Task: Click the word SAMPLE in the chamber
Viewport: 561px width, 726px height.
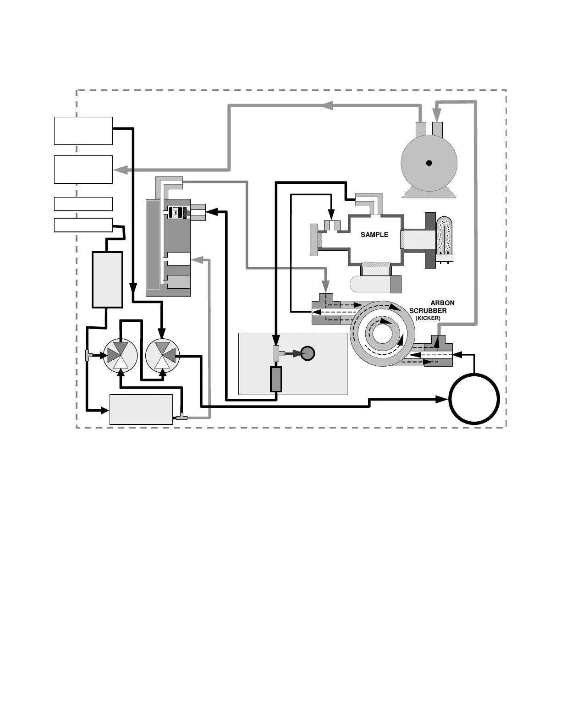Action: coord(374,235)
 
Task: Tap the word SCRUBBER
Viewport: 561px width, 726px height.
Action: coord(428,311)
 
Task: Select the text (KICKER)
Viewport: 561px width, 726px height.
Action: coord(428,318)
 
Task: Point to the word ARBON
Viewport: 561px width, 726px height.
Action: coord(442,303)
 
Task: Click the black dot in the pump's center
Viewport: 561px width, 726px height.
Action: coord(429,163)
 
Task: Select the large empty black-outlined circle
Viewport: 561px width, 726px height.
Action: coord(474,399)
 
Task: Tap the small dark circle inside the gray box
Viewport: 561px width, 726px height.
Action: coord(308,353)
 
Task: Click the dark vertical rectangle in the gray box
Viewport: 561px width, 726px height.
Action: coord(275,379)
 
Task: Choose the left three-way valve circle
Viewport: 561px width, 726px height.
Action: coord(121,355)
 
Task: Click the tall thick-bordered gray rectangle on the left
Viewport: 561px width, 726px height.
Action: coord(107,279)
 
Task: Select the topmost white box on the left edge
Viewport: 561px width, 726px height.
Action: coord(83,131)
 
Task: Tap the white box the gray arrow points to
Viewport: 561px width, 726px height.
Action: coord(83,169)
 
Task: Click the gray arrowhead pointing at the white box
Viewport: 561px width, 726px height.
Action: coord(120,170)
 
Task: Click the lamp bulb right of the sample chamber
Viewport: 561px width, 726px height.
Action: coord(444,235)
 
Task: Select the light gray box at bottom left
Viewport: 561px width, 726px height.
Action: coord(141,409)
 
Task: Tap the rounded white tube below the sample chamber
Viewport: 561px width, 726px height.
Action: coord(370,284)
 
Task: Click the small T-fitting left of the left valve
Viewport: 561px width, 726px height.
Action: coord(89,355)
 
